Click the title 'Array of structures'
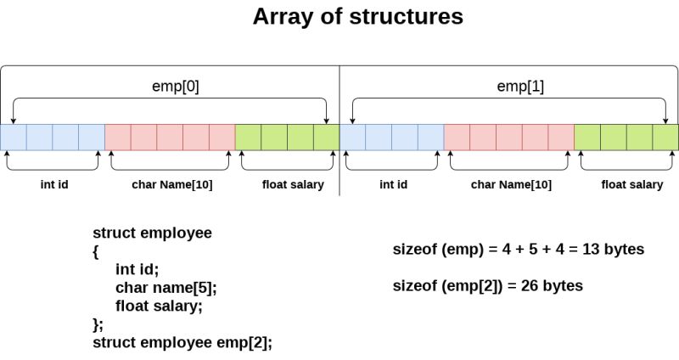(x=357, y=17)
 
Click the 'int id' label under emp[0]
(x=53, y=183)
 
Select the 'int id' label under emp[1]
(x=392, y=183)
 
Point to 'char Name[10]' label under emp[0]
(x=171, y=183)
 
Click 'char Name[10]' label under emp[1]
(x=510, y=183)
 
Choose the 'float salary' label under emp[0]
(x=287, y=183)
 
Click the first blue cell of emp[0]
(x=14, y=137)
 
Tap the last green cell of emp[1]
(x=665, y=137)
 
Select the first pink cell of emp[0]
(x=118, y=137)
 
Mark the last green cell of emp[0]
(x=326, y=137)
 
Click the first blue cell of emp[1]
(x=353, y=137)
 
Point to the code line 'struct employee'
(x=152, y=233)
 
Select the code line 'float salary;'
(x=159, y=306)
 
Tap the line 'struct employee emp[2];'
(x=182, y=342)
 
